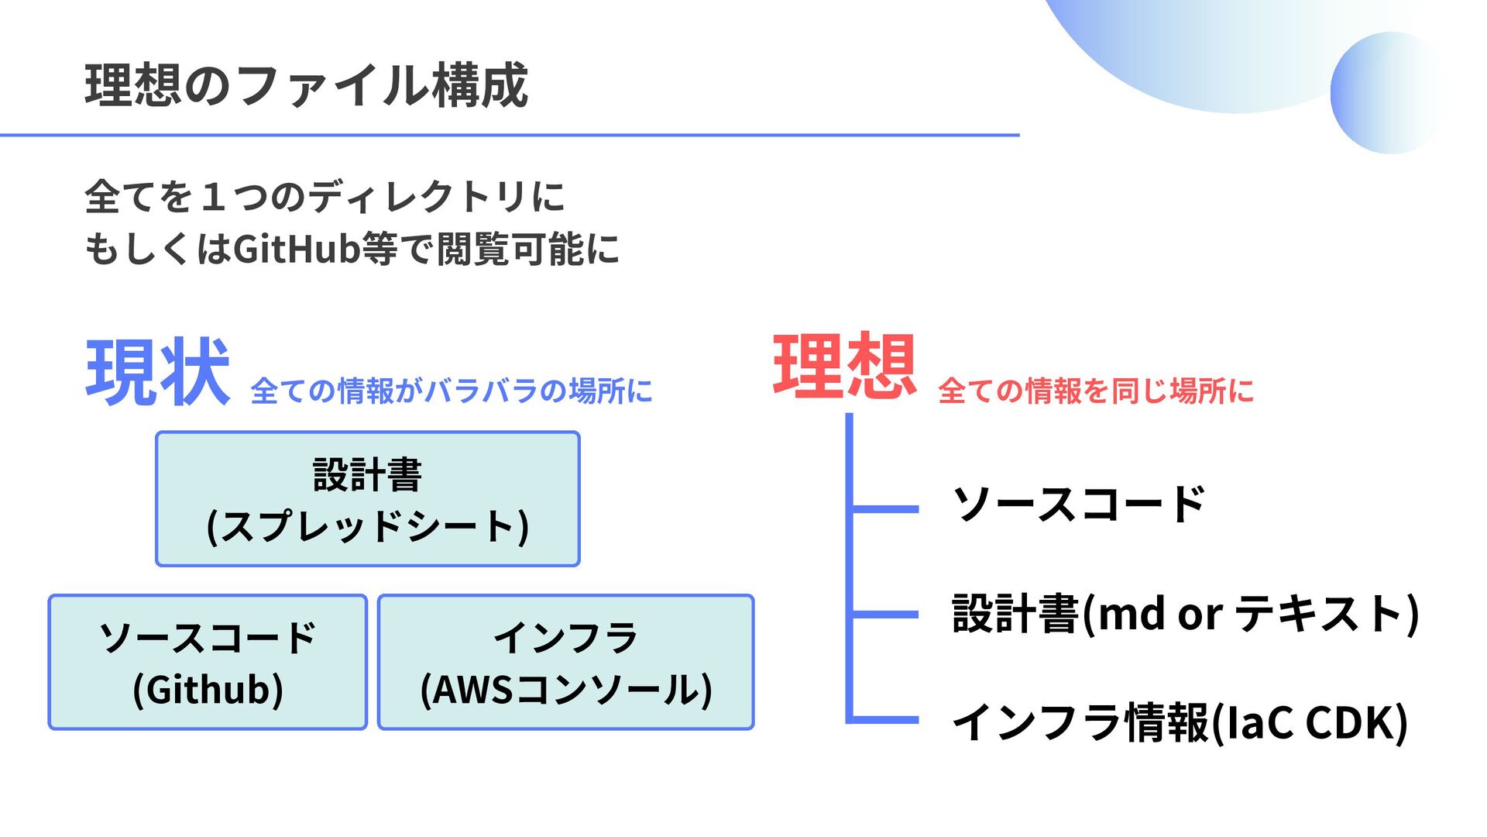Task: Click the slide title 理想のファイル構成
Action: click(x=307, y=85)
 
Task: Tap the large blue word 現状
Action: click(x=158, y=372)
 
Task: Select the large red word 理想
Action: click(x=844, y=366)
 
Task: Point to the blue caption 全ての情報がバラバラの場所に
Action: click(x=452, y=391)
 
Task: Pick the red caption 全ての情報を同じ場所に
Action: click(x=1095, y=391)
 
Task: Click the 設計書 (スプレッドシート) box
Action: click(x=368, y=499)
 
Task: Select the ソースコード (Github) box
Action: click(x=208, y=662)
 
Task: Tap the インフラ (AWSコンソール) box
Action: click(x=565, y=662)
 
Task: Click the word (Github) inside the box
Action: click(x=208, y=690)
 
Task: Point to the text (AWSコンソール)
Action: click(x=565, y=690)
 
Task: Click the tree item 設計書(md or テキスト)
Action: click(x=1185, y=614)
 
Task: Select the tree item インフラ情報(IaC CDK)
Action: click(x=1179, y=722)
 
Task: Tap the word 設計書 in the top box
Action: click(x=367, y=474)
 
